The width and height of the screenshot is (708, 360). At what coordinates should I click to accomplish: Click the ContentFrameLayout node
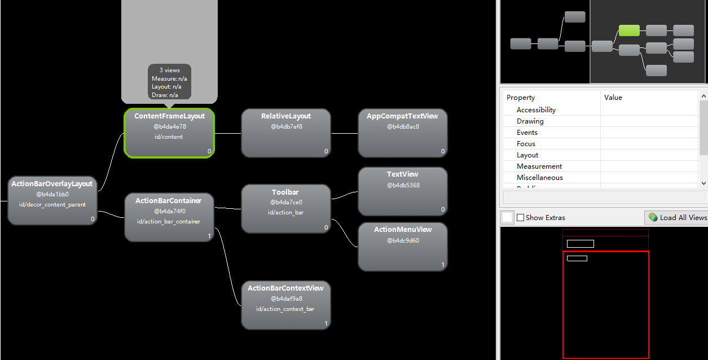point(169,133)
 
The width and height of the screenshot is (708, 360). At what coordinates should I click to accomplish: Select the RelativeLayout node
point(286,133)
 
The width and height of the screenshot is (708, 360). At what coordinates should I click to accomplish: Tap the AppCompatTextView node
point(403,133)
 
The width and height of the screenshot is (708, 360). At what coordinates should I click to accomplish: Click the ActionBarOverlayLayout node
point(52,200)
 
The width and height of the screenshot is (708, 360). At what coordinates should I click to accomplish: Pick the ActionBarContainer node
point(169,217)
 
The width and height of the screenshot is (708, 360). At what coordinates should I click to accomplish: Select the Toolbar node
point(286,208)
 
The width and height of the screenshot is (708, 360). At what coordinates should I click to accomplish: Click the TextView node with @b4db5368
point(403,191)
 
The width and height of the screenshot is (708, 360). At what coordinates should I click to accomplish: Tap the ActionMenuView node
point(403,247)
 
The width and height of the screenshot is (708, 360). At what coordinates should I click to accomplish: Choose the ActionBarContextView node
point(286,305)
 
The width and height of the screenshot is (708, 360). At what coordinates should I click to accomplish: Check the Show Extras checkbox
point(521,218)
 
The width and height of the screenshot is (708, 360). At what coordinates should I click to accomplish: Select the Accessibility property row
point(536,110)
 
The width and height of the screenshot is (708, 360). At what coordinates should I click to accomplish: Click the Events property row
point(527,133)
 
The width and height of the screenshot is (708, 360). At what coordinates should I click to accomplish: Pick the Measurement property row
point(539,166)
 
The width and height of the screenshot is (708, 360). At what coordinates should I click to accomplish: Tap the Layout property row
point(527,155)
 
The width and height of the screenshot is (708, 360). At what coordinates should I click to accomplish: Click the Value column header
point(613,98)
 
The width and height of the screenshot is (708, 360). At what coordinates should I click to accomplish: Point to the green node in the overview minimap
point(629,30)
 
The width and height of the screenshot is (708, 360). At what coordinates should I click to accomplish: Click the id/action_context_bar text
point(285,309)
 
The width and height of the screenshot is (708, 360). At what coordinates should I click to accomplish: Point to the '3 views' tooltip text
point(169,71)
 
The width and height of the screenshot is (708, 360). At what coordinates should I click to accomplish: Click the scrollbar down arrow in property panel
point(703,183)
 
